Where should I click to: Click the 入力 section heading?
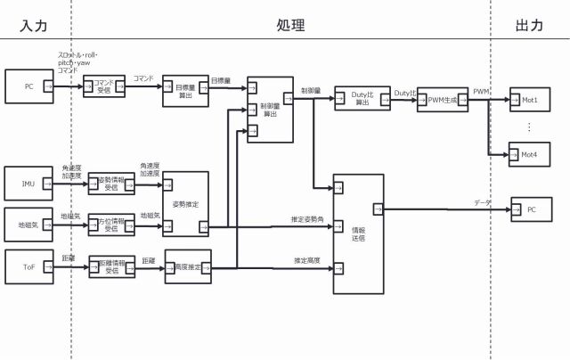(x=33, y=26)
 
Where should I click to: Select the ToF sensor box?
(x=28, y=266)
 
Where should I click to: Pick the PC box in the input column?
(x=28, y=86)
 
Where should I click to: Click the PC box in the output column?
(x=531, y=209)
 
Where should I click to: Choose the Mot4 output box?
(x=530, y=154)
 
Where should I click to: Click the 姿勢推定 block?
(x=185, y=203)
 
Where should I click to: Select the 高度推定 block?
(x=189, y=266)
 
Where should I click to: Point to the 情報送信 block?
(x=358, y=233)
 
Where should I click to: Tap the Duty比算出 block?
(x=362, y=99)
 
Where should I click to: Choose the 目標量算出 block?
(x=185, y=91)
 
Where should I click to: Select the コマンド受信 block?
(x=103, y=86)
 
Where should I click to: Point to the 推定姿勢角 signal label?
(x=305, y=218)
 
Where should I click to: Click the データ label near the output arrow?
(x=482, y=203)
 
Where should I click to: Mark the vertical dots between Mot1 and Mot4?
(x=529, y=126)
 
